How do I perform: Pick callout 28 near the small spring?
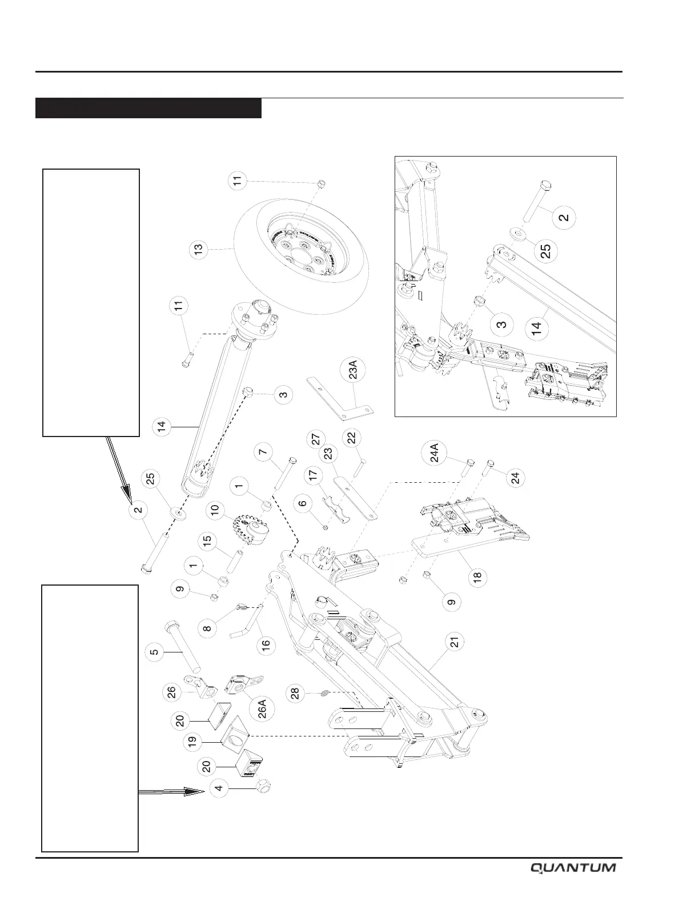pyautogui.click(x=296, y=693)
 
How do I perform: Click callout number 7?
pyautogui.click(x=262, y=452)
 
